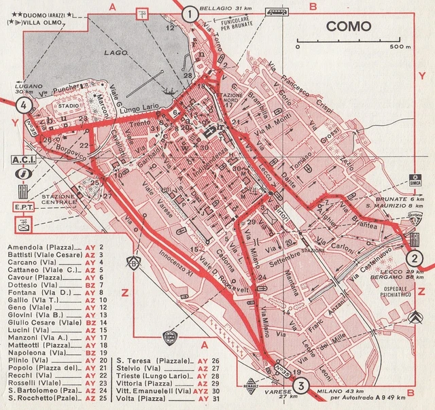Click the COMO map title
(x=347, y=27)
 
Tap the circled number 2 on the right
(x=417, y=258)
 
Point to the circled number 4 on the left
(x=23, y=105)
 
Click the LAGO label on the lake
(x=111, y=52)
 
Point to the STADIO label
(x=68, y=107)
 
